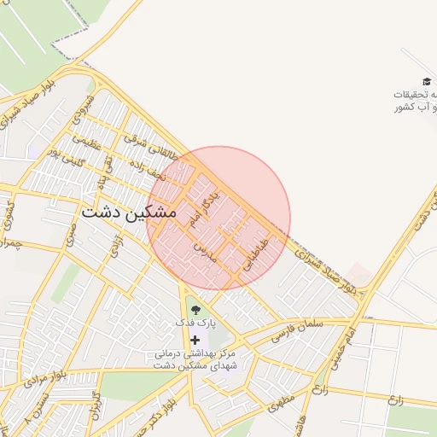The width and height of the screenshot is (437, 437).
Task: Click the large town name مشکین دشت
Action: point(130,213)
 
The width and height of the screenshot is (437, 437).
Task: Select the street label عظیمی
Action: point(85,142)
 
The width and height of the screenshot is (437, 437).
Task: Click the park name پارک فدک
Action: point(196,323)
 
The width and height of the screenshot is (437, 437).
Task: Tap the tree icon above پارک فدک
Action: point(195,310)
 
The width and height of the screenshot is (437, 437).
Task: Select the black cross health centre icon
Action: point(195,339)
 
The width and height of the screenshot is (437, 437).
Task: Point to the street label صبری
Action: point(72,230)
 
